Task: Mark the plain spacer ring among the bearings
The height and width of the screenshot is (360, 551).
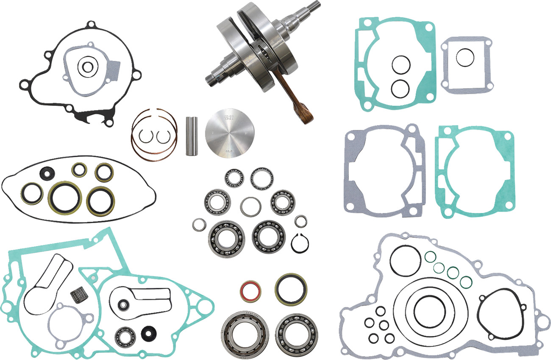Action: pyautogui.click(x=250, y=206)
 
